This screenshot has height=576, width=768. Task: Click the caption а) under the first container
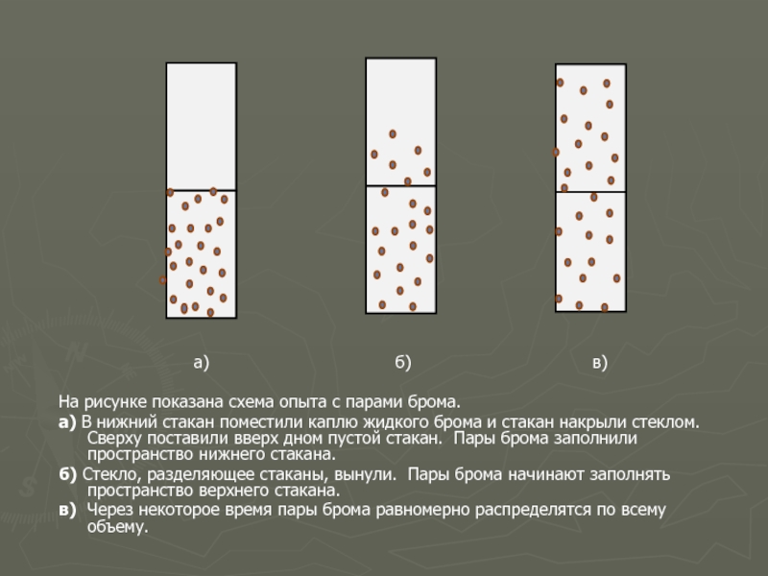(x=202, y=363)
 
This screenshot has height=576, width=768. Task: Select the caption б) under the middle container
(x=403, y=363)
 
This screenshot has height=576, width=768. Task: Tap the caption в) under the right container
(x=600, y=363)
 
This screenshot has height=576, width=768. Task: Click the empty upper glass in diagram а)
(x=202, y=127)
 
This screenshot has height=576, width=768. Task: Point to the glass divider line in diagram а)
(x=202, y=190)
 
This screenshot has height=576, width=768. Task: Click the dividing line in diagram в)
(x=590, y=192)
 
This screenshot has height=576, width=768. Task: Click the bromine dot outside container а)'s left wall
(x=162, y=280)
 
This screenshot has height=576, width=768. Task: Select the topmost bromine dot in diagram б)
(x=393, y=133)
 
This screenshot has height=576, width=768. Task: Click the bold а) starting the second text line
(x=67, y=422)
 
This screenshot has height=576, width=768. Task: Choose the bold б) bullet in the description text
(x=67, y=474)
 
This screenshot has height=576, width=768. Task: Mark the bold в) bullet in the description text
(x=67, y=511)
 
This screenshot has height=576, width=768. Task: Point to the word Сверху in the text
(x=114, y=438)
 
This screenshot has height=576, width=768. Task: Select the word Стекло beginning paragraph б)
(x=112, y=474)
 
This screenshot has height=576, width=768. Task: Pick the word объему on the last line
(x=117, y=527)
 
